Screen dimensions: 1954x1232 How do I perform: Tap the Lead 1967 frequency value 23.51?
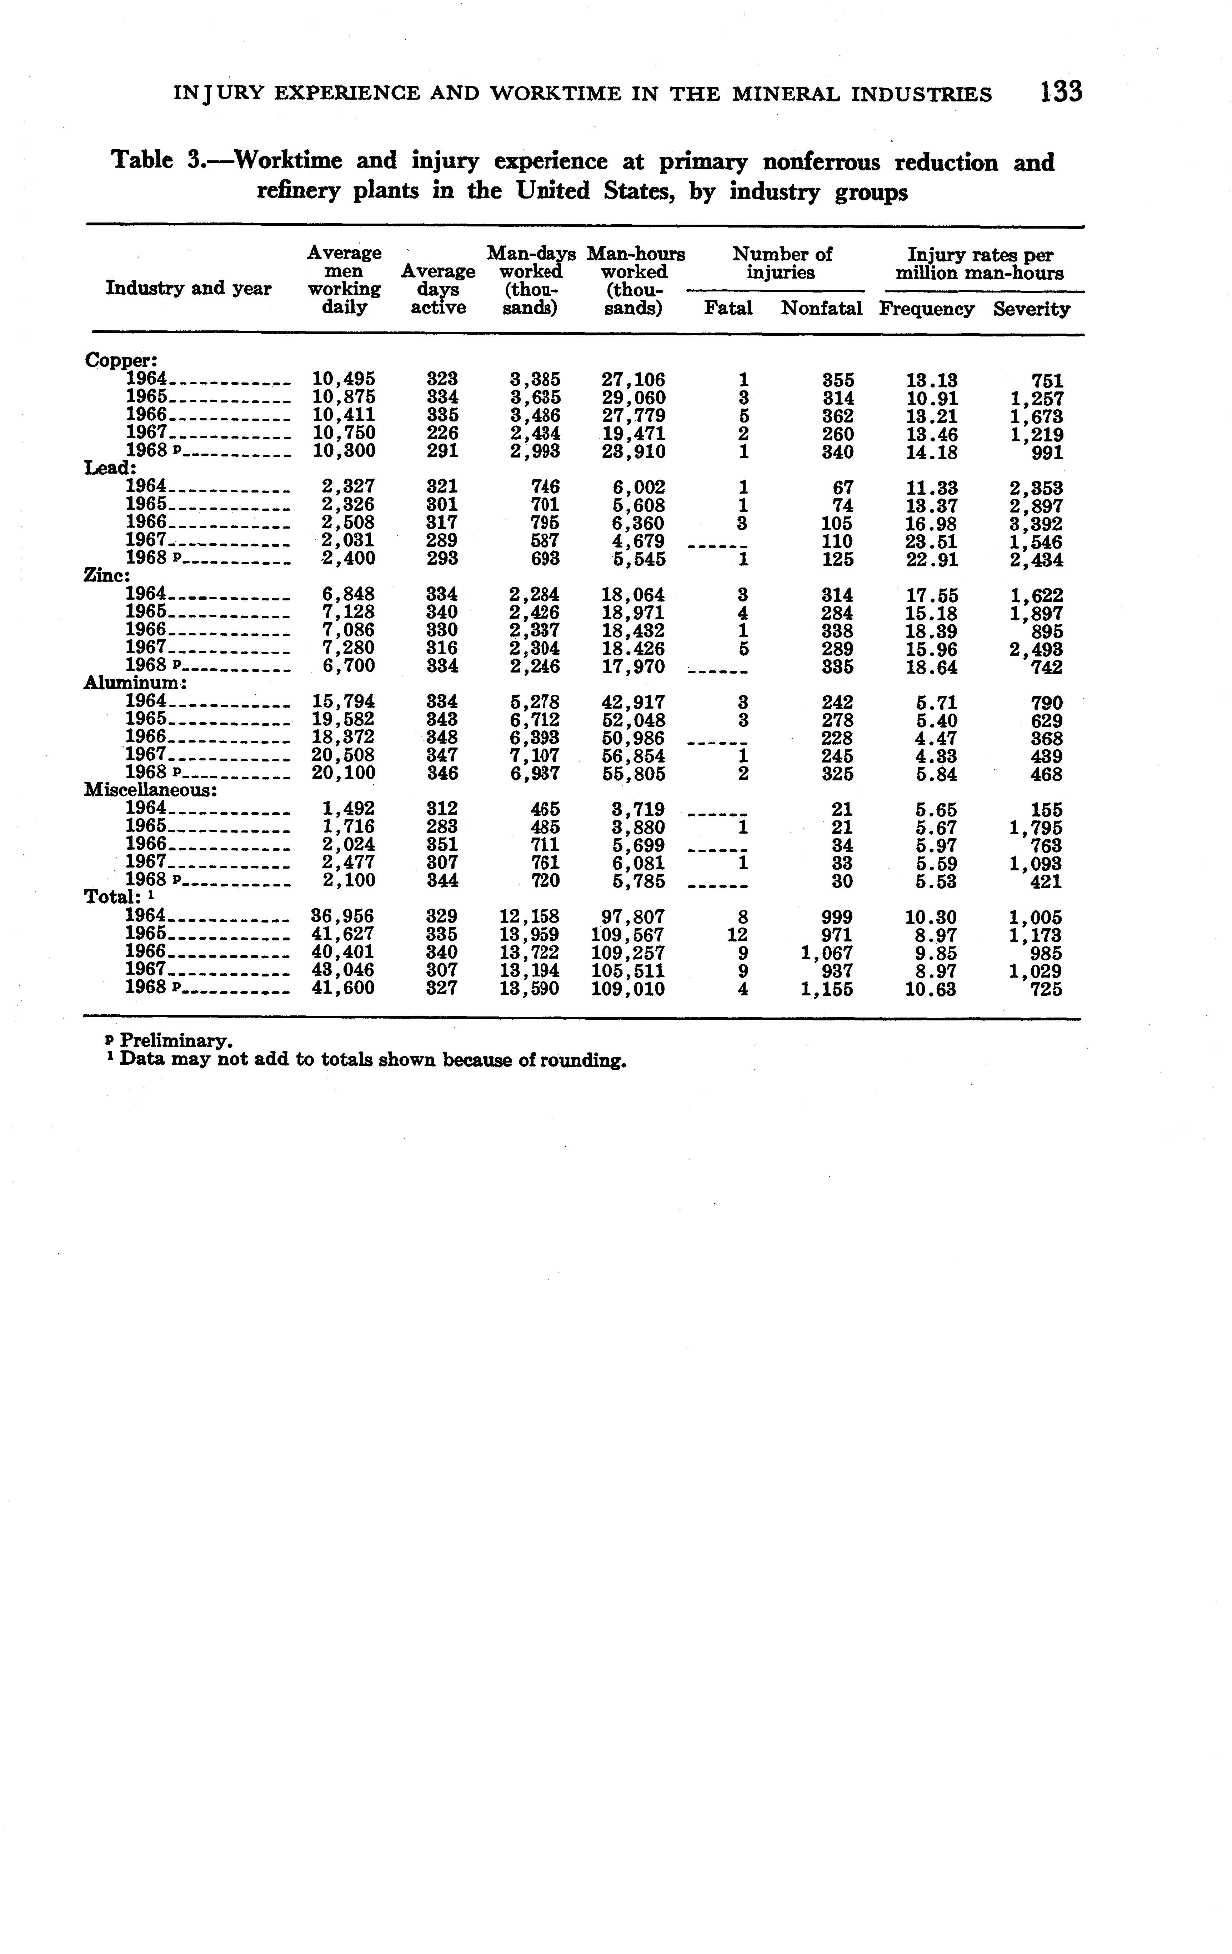click(x=932, y=541)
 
